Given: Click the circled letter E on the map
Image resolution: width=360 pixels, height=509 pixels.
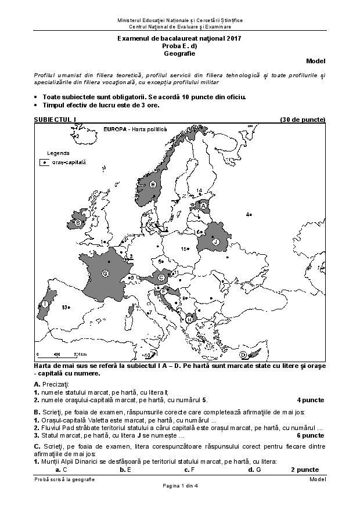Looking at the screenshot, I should [x=153, y=184].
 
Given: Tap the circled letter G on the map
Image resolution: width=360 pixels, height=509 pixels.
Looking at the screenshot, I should [x=105, y=273].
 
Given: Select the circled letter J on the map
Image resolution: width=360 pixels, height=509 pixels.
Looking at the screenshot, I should [x=215, y=241].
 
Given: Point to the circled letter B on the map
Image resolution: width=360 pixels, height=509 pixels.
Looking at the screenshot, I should [x=78, y=222].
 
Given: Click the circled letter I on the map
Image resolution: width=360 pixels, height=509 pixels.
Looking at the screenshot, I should [x=45, y=304].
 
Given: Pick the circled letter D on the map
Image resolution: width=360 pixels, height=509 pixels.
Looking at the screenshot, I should [x=243, y=354].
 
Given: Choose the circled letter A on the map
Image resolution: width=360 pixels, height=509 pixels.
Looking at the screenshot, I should [x=204, y=205].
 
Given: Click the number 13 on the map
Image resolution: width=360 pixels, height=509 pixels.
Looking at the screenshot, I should [x=66, y=307].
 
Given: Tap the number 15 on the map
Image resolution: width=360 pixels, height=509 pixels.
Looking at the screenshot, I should [x=183, y=248].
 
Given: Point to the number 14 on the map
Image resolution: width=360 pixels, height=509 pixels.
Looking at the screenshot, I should [x=199, y=190].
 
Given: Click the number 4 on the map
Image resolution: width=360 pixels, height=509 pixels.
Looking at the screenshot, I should [x=248, y=215].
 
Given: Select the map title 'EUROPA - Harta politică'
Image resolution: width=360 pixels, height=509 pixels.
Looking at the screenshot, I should [x=135, y=129].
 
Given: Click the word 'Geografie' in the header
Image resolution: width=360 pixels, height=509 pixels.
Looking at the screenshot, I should [x=179, y=53].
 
